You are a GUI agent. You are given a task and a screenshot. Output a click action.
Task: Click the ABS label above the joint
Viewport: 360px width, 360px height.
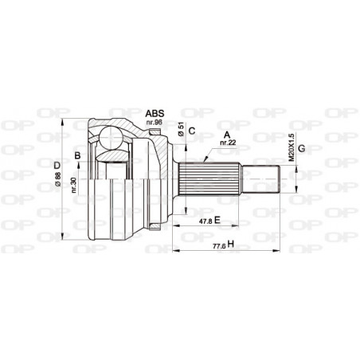(x=155, y=114)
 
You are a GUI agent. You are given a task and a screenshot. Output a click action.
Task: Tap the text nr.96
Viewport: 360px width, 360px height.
(x=155, y=123)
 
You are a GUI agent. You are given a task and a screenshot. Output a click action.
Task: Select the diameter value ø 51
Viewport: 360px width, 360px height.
(x=182, y=132)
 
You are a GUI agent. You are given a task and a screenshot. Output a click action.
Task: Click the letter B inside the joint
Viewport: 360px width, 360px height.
(x=77, y=155)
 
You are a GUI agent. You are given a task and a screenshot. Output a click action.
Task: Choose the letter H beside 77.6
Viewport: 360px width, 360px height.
(x=229, y=244)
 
